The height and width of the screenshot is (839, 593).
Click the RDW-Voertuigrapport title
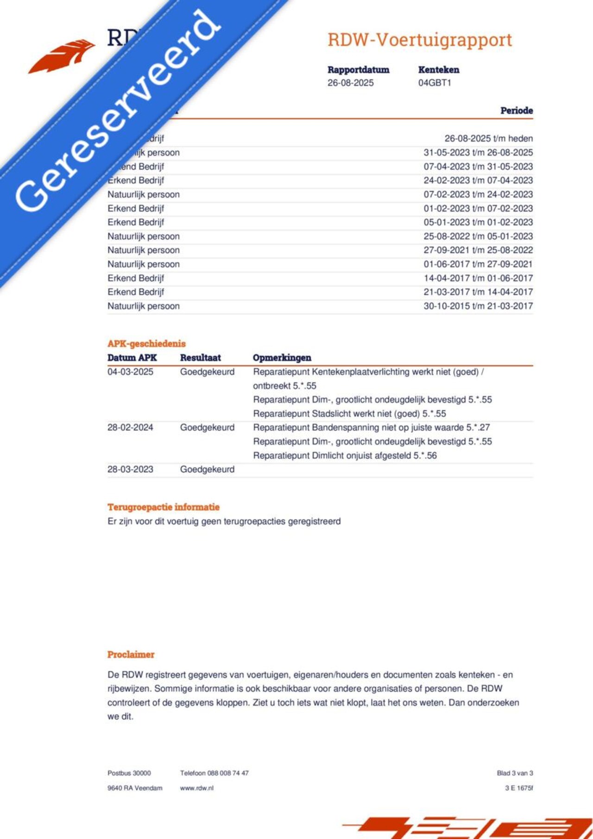point(420,40)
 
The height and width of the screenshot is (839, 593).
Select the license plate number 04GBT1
point(434,83)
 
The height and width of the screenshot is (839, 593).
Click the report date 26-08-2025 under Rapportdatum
point(350,83)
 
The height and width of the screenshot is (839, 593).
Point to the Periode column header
point(516,111)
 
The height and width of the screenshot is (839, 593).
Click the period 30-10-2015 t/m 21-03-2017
point(478,306)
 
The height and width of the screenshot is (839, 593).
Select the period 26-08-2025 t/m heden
point(488,138)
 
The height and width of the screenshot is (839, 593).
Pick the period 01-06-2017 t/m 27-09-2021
point(478,264)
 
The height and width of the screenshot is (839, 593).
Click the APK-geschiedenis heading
point(146,344)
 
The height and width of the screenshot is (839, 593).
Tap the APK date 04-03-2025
point(130,372)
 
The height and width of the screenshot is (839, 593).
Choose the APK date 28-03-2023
point(130,469)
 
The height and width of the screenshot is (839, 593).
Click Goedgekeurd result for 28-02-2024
point(207,427)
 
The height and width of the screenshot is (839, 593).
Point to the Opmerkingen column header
point(282,357)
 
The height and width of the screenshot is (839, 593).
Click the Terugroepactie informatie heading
point(164,507)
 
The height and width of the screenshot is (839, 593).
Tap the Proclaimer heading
point(131,654)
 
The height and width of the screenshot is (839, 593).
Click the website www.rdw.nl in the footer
point(196,788)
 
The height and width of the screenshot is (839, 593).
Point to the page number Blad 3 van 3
point(515,773)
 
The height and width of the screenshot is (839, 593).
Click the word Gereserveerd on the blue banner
point(118,111)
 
